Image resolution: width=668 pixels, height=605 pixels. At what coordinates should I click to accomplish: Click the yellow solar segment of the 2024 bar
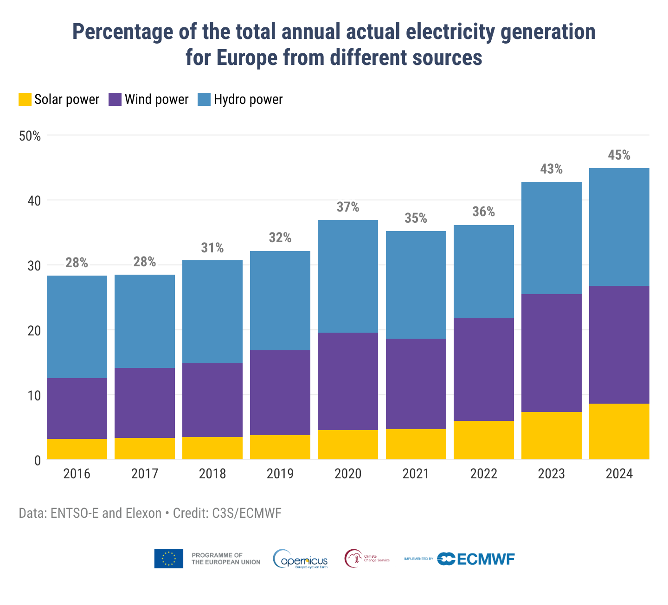point(619,431)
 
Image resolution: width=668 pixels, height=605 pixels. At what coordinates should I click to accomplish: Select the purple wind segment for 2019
point(280,393)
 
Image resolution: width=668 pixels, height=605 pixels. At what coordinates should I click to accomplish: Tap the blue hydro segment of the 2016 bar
point(77,327)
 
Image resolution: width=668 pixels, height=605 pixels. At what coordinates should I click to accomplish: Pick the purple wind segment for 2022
point(484,369)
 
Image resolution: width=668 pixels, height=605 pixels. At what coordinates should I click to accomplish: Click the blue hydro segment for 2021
point(416,285)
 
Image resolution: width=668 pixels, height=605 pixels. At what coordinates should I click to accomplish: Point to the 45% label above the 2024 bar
point(619,155)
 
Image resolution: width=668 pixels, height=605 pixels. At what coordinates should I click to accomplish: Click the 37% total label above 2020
point(348,207)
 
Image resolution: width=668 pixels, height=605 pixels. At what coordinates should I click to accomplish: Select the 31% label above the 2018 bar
point(212,248)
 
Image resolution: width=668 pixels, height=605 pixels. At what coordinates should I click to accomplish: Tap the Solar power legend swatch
point(25,99)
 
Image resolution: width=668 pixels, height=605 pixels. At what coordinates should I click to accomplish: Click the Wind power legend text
point(157,99)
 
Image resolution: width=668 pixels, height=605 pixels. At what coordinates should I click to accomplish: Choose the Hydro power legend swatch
point(204,99)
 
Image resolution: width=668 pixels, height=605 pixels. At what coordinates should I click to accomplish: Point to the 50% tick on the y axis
point(30,136)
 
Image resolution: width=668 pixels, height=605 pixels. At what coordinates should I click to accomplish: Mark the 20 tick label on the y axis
point(34,331)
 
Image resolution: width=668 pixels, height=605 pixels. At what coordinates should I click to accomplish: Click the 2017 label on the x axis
point(145,474)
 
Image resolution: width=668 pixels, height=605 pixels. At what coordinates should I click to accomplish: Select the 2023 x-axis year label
point(552,474)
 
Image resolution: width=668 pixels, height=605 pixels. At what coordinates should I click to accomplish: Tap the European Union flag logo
point(168,559)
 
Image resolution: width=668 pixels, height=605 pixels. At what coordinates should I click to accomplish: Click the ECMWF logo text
point(486,559)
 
